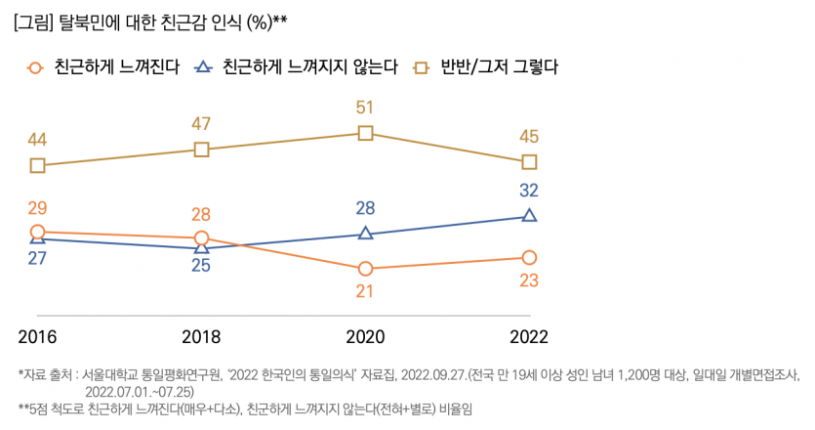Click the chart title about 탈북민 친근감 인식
click(x=151, y=21)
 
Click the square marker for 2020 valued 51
click(x=365, y=132)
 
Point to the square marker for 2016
click(x=37, y=165)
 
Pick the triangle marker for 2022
click(x=529, y=215)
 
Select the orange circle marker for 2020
click(x=365, y=269)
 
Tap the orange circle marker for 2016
click(x=37, y=232)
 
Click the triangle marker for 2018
click(x=201, y=248)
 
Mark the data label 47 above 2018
click(x=201, y=124)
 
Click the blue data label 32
click(x=529, y=191)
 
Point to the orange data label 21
click(x=365, y=291)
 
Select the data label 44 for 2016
click(x=37, y=140)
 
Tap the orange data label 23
click(x=529, y=280)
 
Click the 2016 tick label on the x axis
click(x=37, y=335)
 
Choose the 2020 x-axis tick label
click(x=365, y=335)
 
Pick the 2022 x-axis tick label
click(x=529, y=335)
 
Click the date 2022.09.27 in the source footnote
click(x=433, y=374)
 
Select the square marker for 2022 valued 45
click(x=529, y=161)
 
